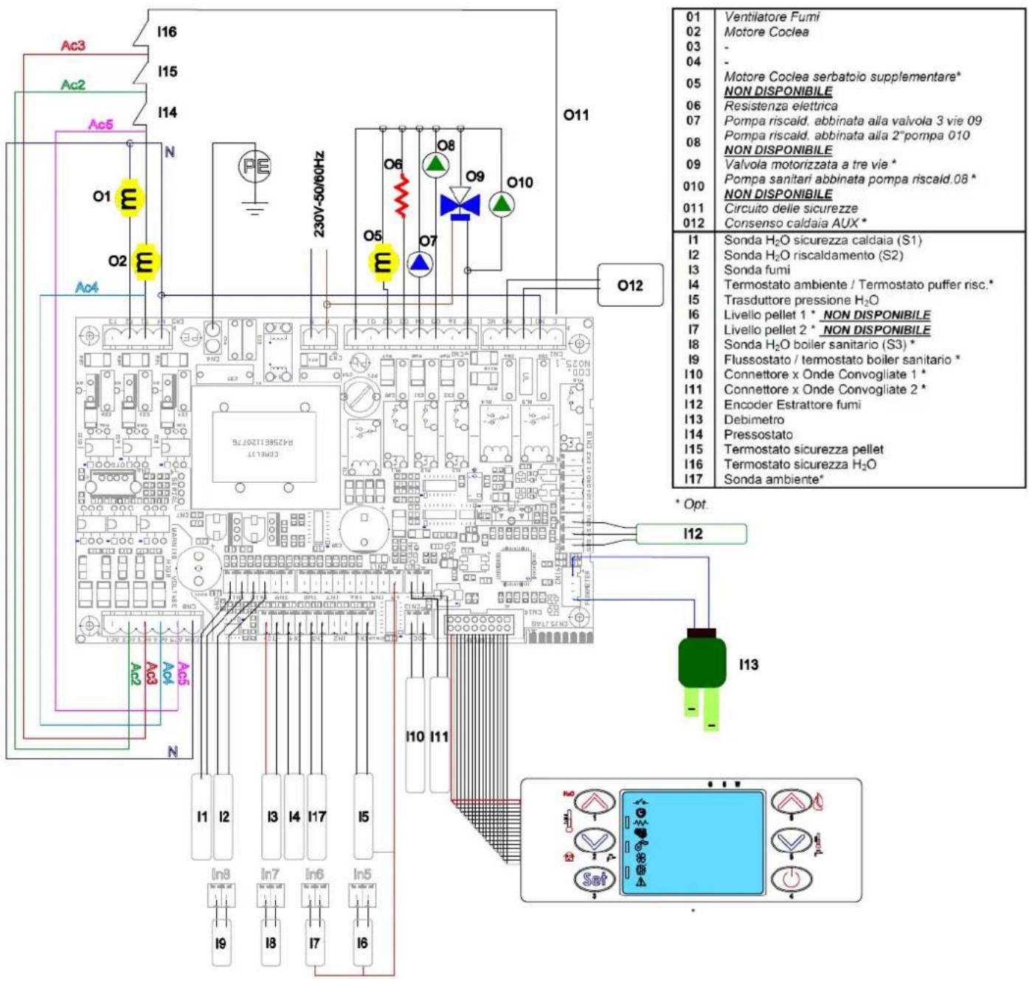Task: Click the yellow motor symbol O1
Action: pyautogui.click(x=129, y=198)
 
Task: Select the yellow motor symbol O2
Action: pyautogui.click(x=145, y=262)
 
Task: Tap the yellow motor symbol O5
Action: pyautogui.click(x=384, y=262)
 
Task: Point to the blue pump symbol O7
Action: pyautogui.click(x=420, y=264)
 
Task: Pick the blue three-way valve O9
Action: pyautogui.click(x=460, y=204)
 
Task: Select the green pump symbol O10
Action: pyautogui.click(x=502, y=204)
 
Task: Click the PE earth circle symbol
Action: pyautogui.click(x=254, y=166)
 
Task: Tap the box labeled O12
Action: pyautogui.click(x=630, y=285)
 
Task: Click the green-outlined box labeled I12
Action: pyautogui.click(x=691, y=534)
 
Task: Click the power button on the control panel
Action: pyautogui.click(x=791, y=879)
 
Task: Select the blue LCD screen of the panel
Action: pyautogui.click(x=692, y=843)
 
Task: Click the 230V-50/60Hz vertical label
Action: pyautogui.click(x=319, y=194)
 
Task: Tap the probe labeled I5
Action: pyautogui.click(x=364, y=816)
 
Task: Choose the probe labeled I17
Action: pyautogui.click(x=316, y=816)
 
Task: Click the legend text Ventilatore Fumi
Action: pyautogui.click(x=771, y=16)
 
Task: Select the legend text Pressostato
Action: pyautogui.click(x=758, y=434)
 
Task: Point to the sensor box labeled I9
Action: pyautogui.click(x=221, y=943)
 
